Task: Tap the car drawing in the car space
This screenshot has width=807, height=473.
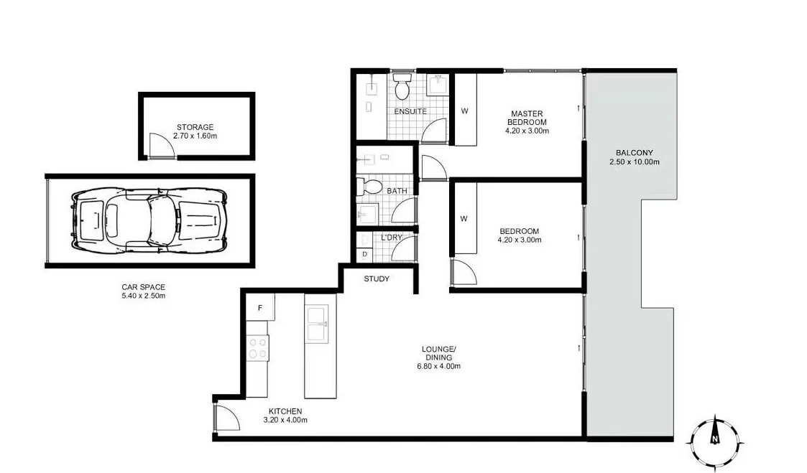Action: coord(149,219)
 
